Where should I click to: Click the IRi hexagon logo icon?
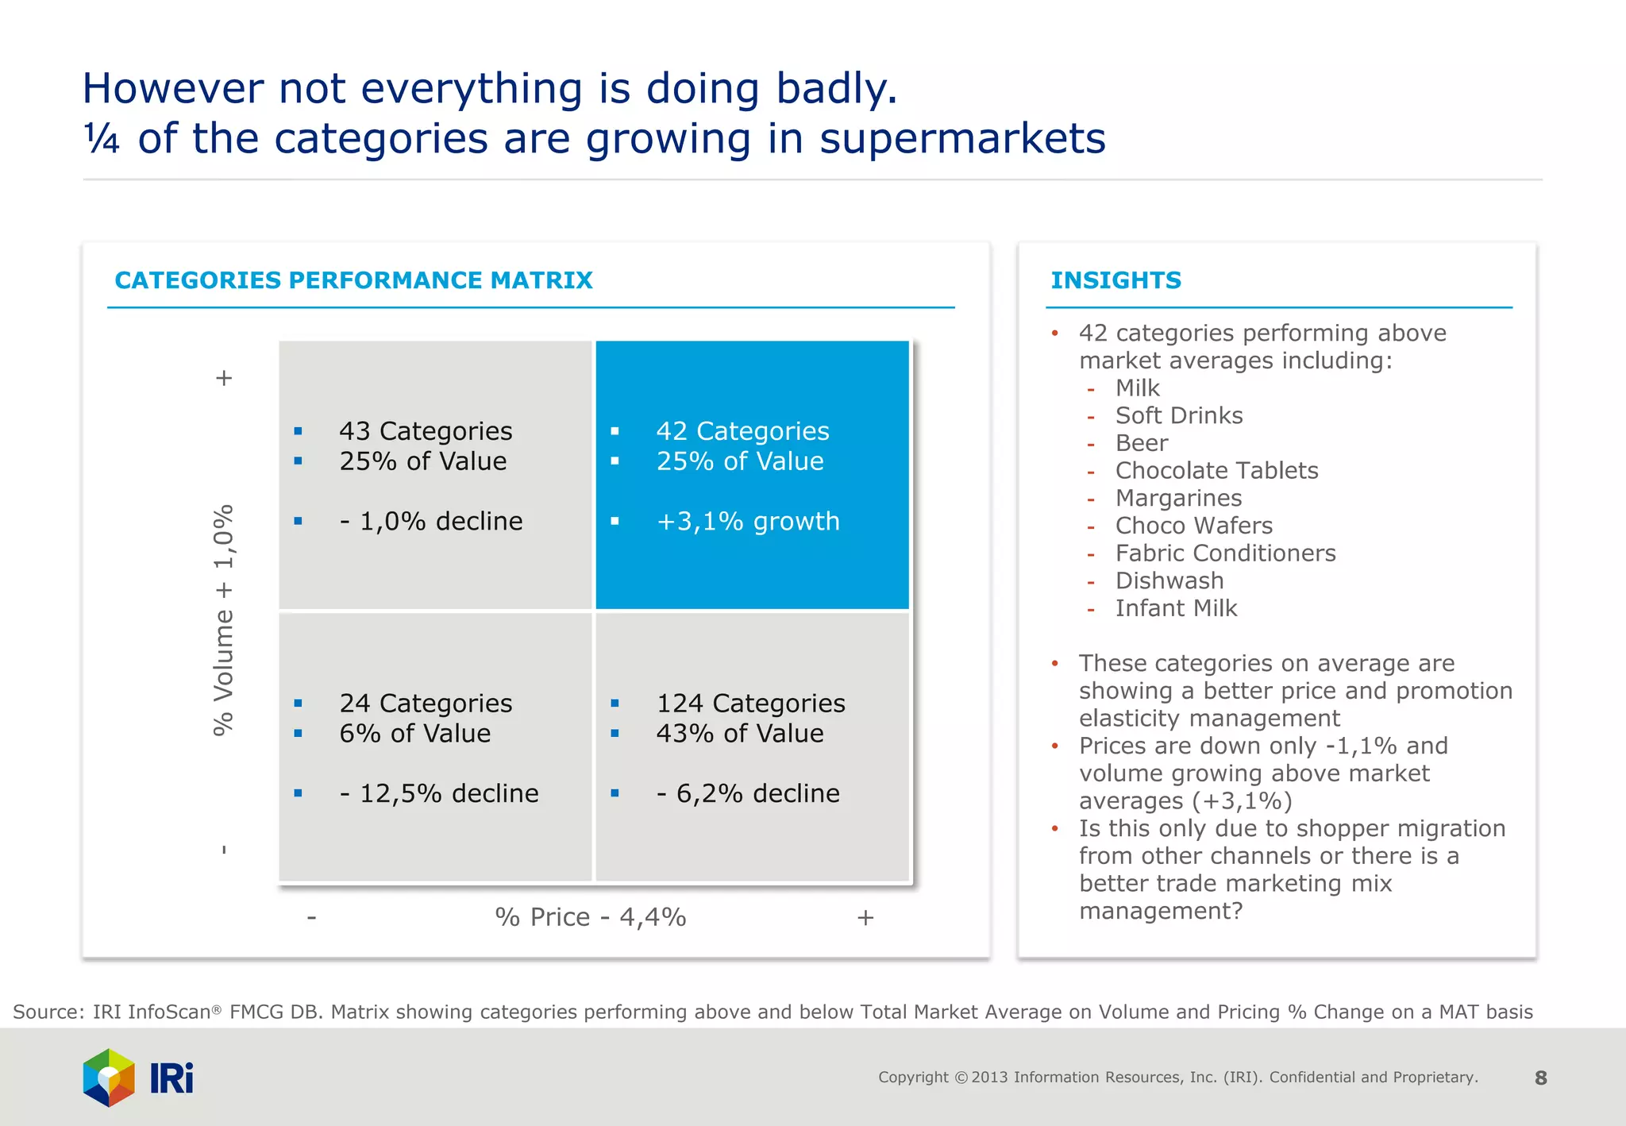(109, 1078)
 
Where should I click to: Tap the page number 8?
(1540, 1078)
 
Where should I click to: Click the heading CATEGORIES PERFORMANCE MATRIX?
(353, 280)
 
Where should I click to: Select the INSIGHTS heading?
(1115, 280)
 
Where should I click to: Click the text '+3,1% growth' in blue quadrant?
(747, 522)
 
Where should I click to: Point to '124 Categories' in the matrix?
(750, 704)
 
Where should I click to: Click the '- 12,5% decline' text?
(439, 793)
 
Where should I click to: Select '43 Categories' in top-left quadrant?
(426, 431)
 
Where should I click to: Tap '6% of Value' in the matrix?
(414, 734)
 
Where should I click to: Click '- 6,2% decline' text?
(747, 793)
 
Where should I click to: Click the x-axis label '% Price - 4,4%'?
(590, 917)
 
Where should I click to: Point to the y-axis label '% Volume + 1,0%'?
(224, 619)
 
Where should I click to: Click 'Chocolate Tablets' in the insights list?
(1216, 471)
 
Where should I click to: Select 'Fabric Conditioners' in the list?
(1225, 553)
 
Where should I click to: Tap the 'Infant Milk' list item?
(1176, 608)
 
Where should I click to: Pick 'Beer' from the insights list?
(1142, 443)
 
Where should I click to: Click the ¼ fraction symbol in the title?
(102, 139)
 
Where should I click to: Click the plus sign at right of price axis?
(865, 918)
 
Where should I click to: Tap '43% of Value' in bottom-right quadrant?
(739, 734)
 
